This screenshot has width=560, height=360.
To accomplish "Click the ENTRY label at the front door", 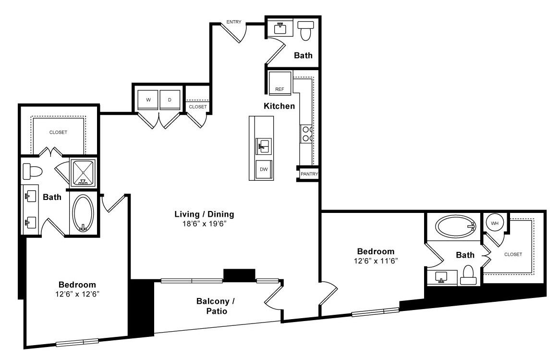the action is [x=234, y=22].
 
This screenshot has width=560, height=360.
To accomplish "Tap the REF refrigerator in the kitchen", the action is [x=280, y=83].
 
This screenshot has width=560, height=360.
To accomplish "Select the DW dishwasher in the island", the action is [x=264, y=170].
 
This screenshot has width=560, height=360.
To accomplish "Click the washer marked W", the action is [x=148, y=100].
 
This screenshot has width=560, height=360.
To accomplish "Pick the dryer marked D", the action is [x=170, y=100].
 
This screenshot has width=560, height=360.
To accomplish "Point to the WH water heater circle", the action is [x=495, y=223].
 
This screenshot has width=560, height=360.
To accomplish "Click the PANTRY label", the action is [x=309, y=174].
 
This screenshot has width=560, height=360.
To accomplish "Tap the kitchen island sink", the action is [x=264, y=146].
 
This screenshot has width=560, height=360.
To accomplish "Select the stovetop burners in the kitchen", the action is [x=306, y=134].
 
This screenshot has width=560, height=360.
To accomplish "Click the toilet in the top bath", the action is [x=306, y=30].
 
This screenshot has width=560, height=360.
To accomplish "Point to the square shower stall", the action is [x=83, y=173].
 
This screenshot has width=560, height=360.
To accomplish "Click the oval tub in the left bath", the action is [x=83, y=213].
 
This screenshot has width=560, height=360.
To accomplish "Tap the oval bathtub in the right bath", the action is [x=455, y=226].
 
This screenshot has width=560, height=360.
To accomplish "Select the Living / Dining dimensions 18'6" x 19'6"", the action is [x=204, y=224].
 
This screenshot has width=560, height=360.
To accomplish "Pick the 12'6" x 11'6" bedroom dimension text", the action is [x=376, y=261].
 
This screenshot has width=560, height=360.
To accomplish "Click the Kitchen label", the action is [x=280, y=106].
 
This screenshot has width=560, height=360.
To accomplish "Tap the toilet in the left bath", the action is [x=32, y=172].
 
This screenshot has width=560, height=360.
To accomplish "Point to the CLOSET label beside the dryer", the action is [x=198, y=107].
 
